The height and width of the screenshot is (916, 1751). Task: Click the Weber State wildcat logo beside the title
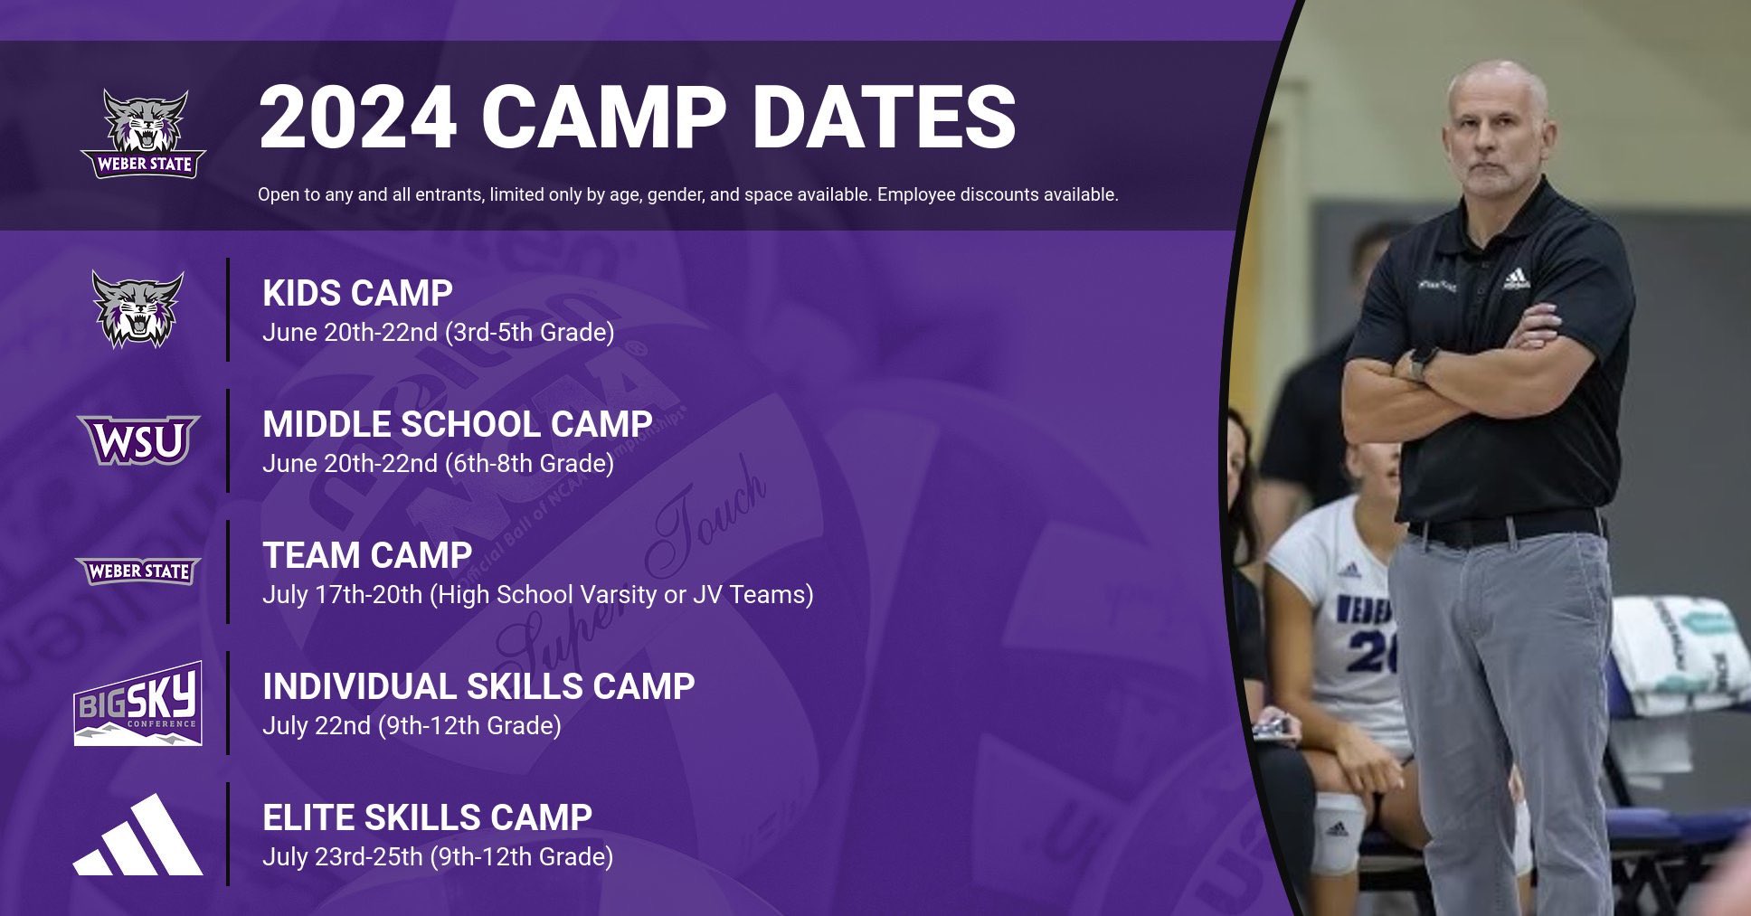click(x=143, y=134)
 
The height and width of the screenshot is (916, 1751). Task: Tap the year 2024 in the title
click(x=357, y=117)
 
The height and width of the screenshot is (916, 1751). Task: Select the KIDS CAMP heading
click(x=357, y=293)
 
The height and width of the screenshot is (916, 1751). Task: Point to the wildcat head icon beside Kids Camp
click(x=137, y=309)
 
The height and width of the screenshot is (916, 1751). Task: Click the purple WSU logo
click(x=138, y=440)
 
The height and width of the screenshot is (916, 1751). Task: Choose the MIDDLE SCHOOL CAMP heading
click(x=457, y=424)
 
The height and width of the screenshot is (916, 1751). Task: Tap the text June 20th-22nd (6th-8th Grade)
click(x=438, y=464)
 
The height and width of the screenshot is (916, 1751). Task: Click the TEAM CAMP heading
click(x=367, y=555)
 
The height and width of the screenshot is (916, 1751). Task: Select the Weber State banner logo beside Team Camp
click(x=137, y=571)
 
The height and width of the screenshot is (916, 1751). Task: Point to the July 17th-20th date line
click(x=537, y=595)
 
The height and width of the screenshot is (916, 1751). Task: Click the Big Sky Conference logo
click(x=137, y=704)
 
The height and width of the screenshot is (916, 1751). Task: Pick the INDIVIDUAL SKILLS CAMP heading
click(x=478, y=686)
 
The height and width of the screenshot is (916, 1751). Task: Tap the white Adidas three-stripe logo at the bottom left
click(x=137, y=835)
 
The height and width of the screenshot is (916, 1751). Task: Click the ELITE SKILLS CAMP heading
click(x=427, y=817)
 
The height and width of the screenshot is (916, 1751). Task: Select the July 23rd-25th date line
click(x=438, y=857)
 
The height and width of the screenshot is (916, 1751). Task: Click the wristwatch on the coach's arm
click(x=1424, y=362)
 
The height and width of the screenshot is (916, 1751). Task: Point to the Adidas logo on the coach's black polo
click(x=1516, y=279)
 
